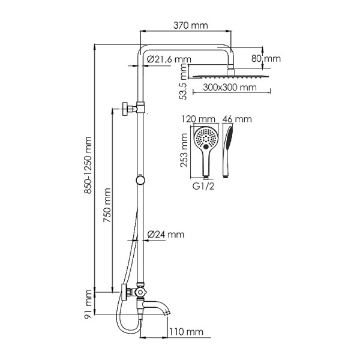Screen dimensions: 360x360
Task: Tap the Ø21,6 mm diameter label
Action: coord(169,59)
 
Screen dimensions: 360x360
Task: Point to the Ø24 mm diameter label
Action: coord(166,234)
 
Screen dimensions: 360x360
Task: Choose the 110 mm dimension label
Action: coord(186,332)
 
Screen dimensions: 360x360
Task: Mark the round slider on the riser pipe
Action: coord(140,179)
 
